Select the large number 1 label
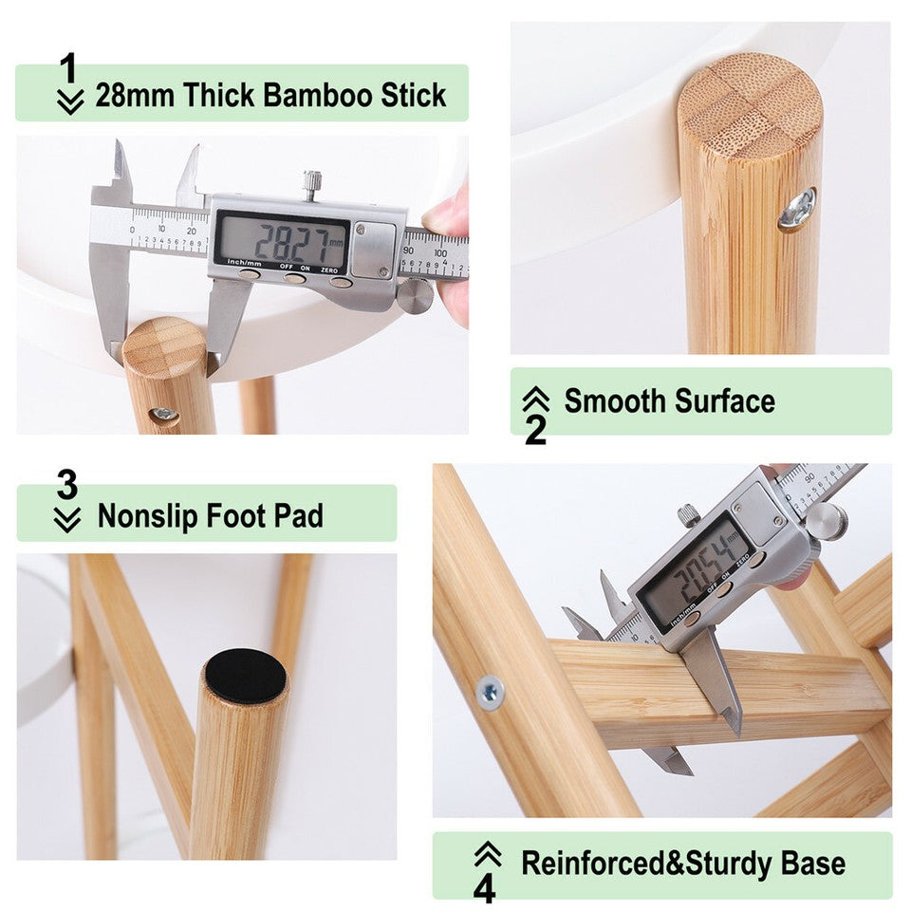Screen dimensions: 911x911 (67, 68)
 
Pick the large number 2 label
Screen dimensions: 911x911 (535, 430)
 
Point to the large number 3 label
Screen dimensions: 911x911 (66, 485)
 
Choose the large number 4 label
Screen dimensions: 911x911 (485, 889)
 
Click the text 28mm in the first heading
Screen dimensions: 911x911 (135, 96)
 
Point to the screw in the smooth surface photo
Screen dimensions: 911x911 (796, 209)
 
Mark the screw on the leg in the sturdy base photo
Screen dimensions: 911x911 (490, 694)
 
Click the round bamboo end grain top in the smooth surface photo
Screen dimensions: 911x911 (750, 104)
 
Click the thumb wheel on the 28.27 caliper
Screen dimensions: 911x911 (415, 294)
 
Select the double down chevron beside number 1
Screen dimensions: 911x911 (69, 102)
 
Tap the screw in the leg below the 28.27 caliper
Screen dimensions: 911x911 (164, 414)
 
